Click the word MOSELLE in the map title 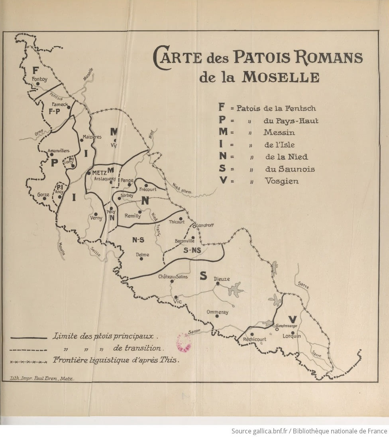[281, 77]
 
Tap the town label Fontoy [39, 79]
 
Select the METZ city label [99, 173]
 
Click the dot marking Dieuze [218, 284]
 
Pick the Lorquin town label [291, 336]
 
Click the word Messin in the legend [279, 132]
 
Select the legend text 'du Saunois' [290, 169]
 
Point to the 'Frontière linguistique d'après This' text [116, 360]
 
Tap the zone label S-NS [192, 250]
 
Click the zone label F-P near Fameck [54, 111]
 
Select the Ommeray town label [217, 312]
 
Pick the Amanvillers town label [58, 150]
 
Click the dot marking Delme [141, 259]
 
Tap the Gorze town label [43, 194]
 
